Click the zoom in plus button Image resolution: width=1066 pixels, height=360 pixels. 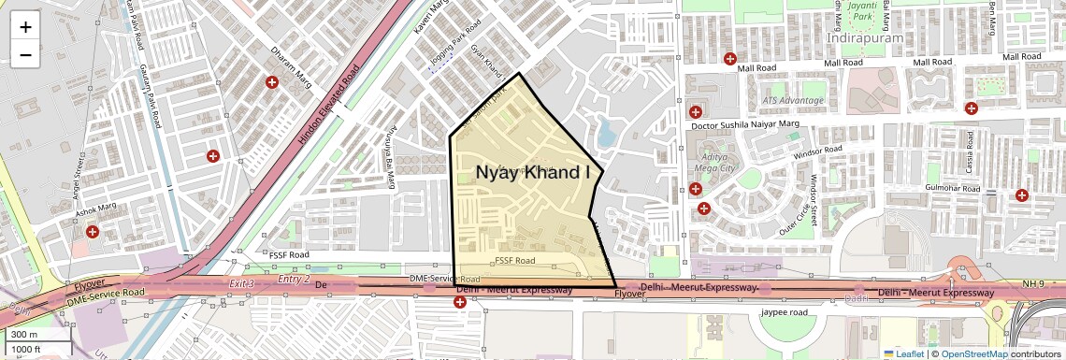click(25, 27)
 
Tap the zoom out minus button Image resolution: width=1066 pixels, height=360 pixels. click(25, 55)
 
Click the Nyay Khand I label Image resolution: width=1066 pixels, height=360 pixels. click(533, 172)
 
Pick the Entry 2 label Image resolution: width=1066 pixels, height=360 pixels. click(294, 279)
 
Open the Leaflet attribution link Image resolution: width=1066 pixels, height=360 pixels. click(903, 353)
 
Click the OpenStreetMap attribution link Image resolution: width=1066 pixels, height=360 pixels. click(973, 353)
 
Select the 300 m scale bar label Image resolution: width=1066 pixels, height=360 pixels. click(24, 335)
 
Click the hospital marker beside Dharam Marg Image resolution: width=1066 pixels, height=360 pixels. click(272, 83)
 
